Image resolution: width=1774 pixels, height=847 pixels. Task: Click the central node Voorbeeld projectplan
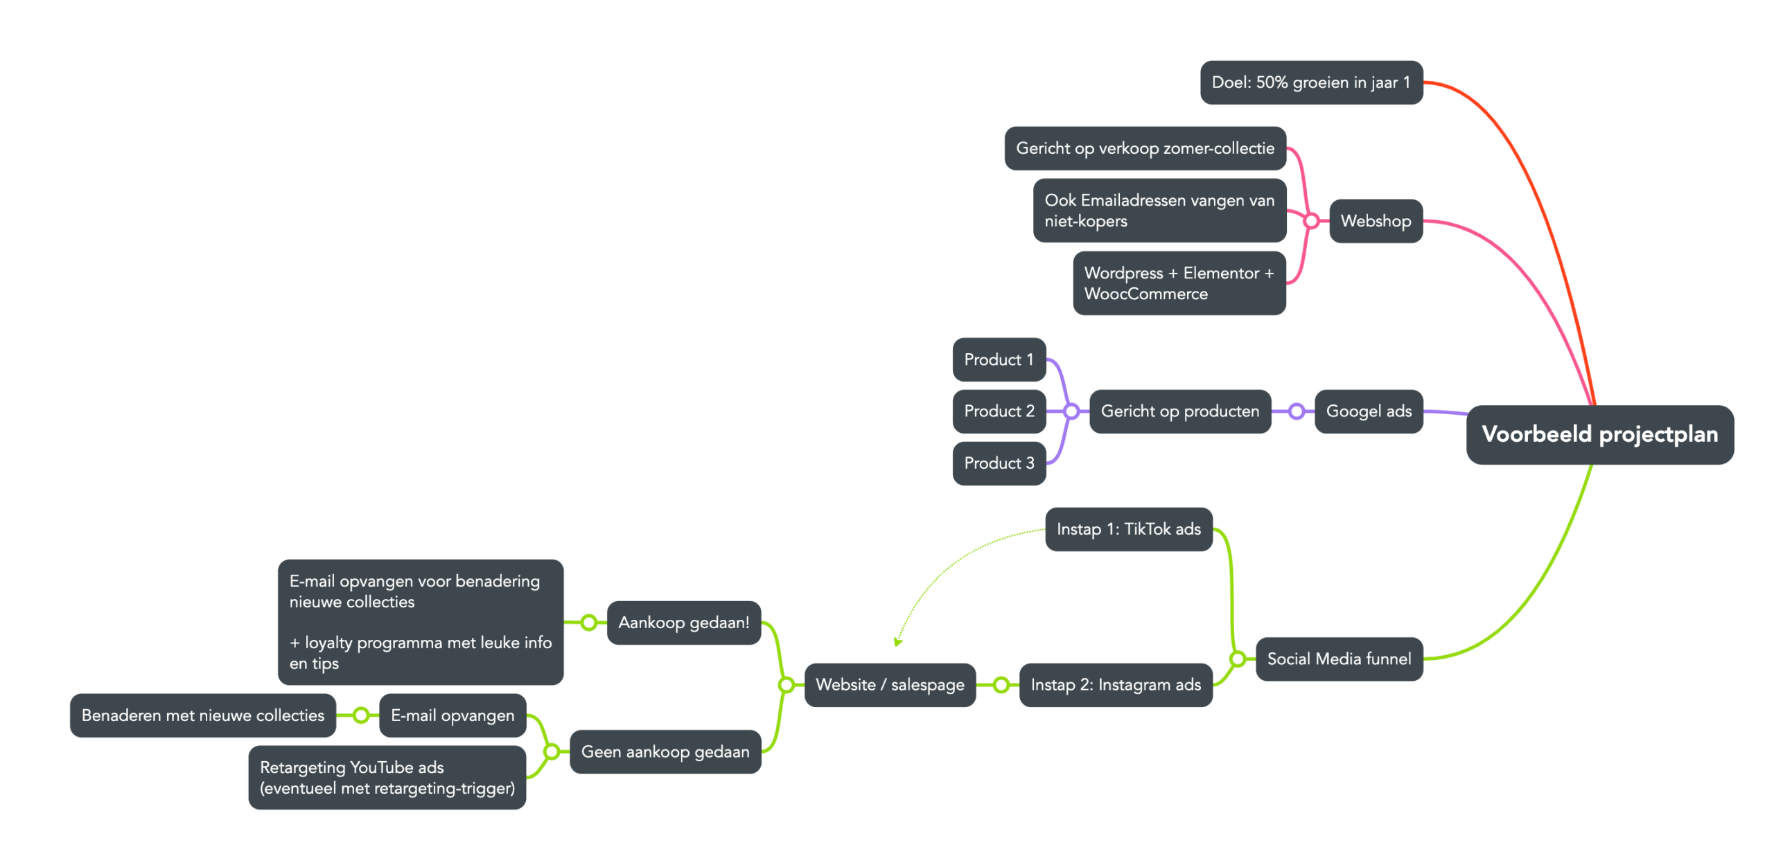(x=1599, y=434)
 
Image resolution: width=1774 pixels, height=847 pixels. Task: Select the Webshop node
(x=1376, y=221)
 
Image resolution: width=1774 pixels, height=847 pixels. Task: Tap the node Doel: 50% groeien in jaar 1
(x=1311, y=82)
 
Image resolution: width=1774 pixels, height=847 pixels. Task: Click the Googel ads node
(x=1369, y=411)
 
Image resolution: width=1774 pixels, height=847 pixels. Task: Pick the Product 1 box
(x=999, y=359)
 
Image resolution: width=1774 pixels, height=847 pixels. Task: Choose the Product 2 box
(x=999, y=411)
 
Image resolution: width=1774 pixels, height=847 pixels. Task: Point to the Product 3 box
(x=999, y=463)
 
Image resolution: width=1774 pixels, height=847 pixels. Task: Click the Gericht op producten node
(x=1179, y=411)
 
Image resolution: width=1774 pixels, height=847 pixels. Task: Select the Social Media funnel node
(x=1339, y=659)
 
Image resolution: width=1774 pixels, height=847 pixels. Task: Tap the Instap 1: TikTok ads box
(x=1128, y=529)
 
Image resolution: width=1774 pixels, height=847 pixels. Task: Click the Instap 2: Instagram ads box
(x=1116, y=685)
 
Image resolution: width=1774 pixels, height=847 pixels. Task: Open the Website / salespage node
(x=890, y=685)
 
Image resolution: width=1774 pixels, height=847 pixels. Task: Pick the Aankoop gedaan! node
(x=684, y=623)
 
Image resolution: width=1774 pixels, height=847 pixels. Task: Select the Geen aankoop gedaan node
(x=665, y=751)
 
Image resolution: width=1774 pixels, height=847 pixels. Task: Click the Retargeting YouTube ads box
(x=387, y=778)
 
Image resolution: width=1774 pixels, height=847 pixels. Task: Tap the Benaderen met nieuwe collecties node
(x=202, y=715)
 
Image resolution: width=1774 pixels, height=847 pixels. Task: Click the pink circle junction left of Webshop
(x=1310, y=221)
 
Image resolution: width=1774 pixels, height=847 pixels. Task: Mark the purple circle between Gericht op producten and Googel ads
(x=1296, y=411)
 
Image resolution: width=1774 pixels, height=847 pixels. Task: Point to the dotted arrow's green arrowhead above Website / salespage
(x=897, y=642)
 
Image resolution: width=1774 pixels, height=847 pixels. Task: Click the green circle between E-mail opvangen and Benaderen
(x=360, y=715)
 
